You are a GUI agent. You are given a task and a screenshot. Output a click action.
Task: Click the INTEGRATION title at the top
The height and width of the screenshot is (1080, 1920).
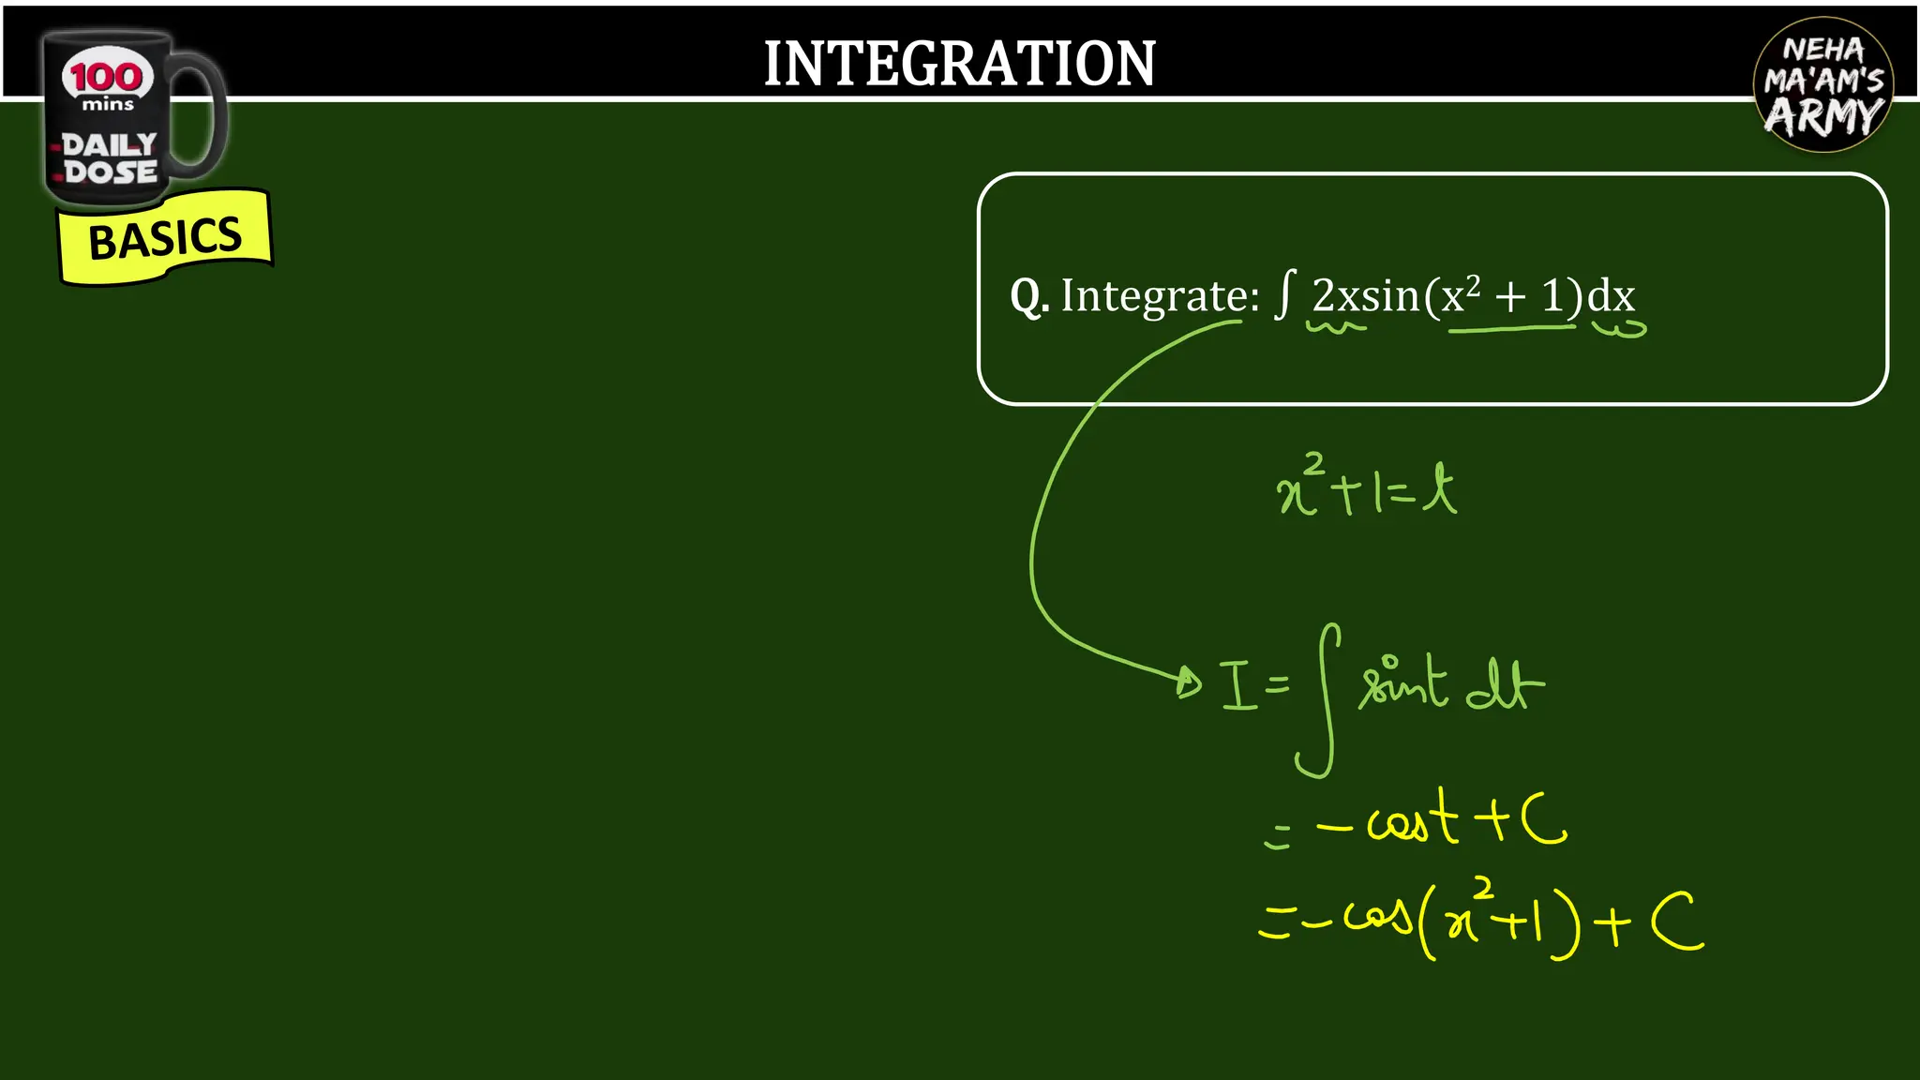[x=959, y=64]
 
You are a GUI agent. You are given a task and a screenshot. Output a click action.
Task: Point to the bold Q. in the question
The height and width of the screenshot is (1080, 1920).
[x=1028, y=297]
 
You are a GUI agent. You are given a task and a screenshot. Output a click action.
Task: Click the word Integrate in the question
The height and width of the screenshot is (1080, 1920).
[x=1159, y=297]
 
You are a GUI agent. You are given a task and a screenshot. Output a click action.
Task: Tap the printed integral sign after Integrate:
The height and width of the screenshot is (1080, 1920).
[x=1285, y=294]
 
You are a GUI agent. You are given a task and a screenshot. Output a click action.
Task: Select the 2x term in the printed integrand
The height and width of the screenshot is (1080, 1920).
[x=1335, y=296]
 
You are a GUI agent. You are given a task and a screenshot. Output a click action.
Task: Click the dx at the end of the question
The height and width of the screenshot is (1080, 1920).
[x=1612, y=296]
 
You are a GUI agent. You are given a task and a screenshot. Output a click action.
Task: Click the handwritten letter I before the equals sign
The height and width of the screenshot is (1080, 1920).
[x=1237, y=686]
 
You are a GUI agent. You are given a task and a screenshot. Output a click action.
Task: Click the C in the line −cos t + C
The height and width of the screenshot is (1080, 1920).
[x=1543, y=820]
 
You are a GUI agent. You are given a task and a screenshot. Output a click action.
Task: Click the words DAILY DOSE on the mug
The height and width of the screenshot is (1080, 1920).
[x=110, y=158]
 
